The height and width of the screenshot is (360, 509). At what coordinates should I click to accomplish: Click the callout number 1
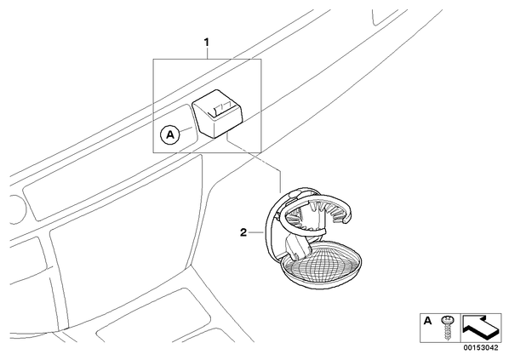tap(206, 43)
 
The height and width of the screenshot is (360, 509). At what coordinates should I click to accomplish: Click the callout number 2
tap(243, 232)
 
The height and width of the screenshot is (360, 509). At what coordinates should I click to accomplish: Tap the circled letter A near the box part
tap(170, 134)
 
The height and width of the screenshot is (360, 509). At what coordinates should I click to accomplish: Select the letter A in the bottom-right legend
tap(428, 321)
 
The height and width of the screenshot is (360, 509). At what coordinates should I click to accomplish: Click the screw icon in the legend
tap(448, 327)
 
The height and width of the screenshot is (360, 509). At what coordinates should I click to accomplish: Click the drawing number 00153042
tap(480, 348)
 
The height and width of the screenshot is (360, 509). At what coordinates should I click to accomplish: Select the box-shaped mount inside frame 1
tap(218, 114)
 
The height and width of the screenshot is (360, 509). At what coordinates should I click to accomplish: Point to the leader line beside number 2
tap(256, 232)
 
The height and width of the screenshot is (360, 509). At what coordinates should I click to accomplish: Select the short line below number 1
tap(207, 54)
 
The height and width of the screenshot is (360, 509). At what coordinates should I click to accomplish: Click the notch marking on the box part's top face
tap(221, 110)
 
